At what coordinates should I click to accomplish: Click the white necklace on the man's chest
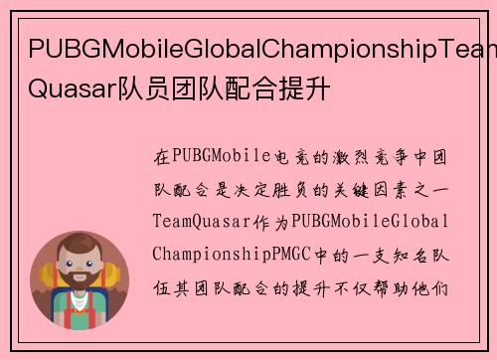(x=81, y=318)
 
